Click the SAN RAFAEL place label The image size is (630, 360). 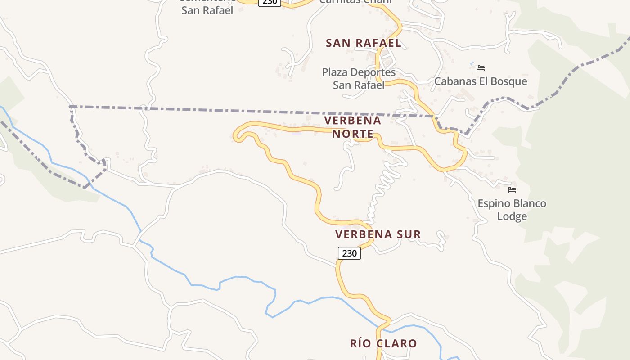[363, 43]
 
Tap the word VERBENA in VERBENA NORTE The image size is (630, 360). [352, 121]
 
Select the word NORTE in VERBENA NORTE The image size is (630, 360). [353, 134]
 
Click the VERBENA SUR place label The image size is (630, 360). [378, 234]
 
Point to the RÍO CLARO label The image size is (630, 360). [383, 344]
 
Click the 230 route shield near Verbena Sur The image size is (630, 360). [349, 253]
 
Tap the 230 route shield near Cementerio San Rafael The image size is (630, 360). [270, 2]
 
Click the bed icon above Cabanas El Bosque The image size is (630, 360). [481, 68]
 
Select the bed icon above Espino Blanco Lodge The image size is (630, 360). [512, 190]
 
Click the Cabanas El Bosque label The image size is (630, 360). [481, 81]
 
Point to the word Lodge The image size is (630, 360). [512, 216]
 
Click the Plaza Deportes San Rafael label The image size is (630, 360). [359, 78]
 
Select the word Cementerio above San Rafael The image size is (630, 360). [207, 1]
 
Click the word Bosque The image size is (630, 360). [507, 81]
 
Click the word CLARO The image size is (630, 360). [396, 344]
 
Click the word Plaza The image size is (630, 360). [336, 72]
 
